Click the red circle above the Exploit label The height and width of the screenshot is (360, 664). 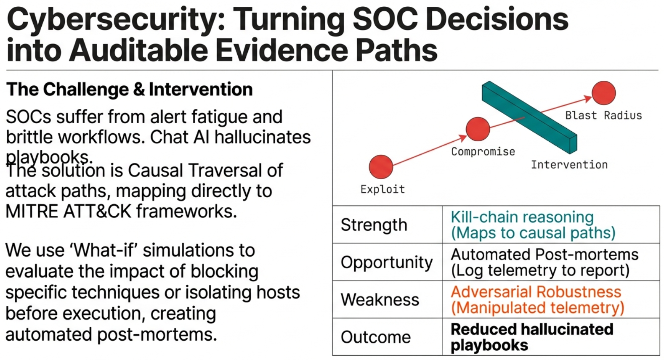tap(381, 167)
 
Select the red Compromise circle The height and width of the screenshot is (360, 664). tap(478, 129)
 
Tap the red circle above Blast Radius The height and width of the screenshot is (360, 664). tap(603, 93)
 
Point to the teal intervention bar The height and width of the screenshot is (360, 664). tap(529, 117)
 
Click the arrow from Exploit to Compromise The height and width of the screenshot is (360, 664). tap(429, 148)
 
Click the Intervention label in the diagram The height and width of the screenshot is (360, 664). tap(569, 165)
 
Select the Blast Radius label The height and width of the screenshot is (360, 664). tap(603, 116)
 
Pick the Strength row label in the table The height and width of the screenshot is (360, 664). tap(374, 225)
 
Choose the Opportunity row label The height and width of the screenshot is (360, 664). tap(386, 262)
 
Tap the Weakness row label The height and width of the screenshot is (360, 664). tap(380, 300)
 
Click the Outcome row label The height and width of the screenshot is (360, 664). tap(375, 337)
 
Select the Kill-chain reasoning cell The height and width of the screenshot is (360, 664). tap(533, 225)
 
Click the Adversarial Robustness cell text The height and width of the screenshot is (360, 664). tap(537, 300)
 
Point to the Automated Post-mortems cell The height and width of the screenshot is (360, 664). tap(544, 262)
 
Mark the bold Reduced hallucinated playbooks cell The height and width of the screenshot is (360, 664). tap(531, 337)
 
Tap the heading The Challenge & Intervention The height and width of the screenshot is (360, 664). tap(130, 90)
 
